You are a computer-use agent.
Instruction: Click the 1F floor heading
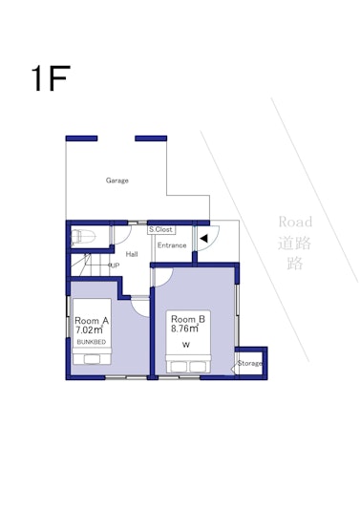click(51, 78)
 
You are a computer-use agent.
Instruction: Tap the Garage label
click(117, 181)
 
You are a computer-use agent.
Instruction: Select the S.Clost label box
click(161, 229)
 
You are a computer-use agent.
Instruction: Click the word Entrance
click(172, 245)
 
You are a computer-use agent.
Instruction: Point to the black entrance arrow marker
click(204, 239)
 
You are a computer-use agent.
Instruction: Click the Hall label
click(132, 254)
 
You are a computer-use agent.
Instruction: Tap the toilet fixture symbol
click(83, 236)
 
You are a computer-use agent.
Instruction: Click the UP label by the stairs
click(115, 266)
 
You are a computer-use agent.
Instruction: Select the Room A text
click(92, 321)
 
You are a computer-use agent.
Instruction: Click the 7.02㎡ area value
click(90, 329)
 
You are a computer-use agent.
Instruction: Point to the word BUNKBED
click(92, 342)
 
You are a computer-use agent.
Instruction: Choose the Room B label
click(188, 319)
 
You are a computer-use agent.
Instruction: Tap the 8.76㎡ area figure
click(184, 329)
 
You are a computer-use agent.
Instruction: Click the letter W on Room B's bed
click(185, 345)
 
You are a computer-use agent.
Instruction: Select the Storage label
click(249, 363)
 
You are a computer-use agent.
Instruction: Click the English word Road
click(295, 222)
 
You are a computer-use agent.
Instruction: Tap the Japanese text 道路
click(294, 243)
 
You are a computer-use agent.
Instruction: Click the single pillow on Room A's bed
click(93, 359)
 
